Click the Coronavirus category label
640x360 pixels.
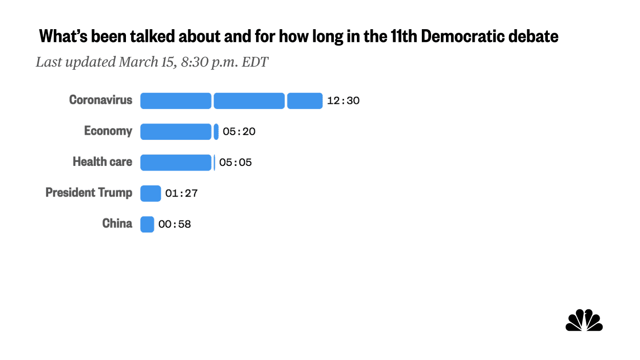pos(100,100)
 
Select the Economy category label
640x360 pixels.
pos(108,131)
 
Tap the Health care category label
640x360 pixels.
pos(102,162)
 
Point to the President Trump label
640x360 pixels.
pos(89,193)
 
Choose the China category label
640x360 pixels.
pos(117,224)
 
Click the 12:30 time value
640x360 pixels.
pos(343,101)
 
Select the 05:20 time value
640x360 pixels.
pos(239,132)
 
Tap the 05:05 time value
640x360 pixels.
pos(236,163)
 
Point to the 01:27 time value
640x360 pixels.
pos(181,194)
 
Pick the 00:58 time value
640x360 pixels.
pos(175,224)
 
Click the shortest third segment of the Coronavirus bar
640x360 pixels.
pos(305,101)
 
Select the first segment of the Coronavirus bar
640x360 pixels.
pos(176,101)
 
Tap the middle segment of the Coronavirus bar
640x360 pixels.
pos(249,101)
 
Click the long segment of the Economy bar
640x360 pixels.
pos(176,132)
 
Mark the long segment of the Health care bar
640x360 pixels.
pos(176,163)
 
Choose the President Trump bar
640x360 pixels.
pos(151,194)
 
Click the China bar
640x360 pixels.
pos(147,224)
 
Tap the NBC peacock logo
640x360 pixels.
pos(584,321)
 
